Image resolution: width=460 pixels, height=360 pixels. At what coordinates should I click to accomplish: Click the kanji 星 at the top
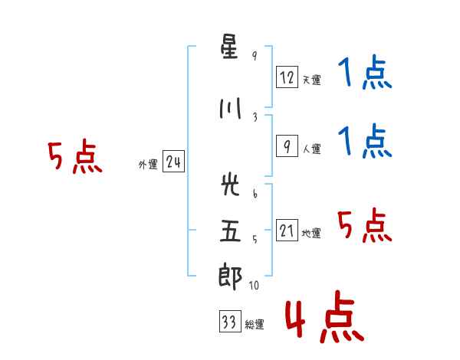[x=229, y=47]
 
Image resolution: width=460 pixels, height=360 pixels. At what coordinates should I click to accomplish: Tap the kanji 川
[x=230, y=108]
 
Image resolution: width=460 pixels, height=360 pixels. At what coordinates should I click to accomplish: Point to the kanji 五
[x=230, y=231]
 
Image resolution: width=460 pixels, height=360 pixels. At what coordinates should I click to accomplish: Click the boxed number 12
[x=287, y=77]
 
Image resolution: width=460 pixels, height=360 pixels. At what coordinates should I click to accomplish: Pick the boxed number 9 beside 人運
[x=287, y=146]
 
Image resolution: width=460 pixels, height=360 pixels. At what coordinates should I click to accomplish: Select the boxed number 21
[x=287, y=230]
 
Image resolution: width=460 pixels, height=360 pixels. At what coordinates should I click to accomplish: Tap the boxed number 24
[x=173, y=162]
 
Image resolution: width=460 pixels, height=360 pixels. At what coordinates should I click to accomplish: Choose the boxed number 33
[x=230, y=321]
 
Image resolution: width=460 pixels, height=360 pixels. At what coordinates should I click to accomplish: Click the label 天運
[x=312, y=80]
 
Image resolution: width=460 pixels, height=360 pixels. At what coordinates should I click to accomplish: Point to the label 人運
[x=312, y=149]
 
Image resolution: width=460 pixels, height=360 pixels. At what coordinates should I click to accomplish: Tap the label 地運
[x=311, y=233]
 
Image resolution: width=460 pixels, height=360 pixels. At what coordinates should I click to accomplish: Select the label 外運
[x=148, y=165]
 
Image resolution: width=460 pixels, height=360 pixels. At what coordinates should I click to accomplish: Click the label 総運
[x=255, y=324]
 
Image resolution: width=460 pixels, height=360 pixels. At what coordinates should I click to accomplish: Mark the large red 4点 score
[x=324, y=317]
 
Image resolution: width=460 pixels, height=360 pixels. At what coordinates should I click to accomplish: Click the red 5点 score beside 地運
[x=365, y=225]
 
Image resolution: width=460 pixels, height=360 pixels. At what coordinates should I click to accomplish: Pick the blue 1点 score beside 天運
[x=365, y=72]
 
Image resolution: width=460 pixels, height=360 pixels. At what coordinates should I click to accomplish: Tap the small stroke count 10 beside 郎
[x=254, y=285]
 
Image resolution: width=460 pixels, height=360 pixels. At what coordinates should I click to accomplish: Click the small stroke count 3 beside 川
[x=255, y=117]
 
